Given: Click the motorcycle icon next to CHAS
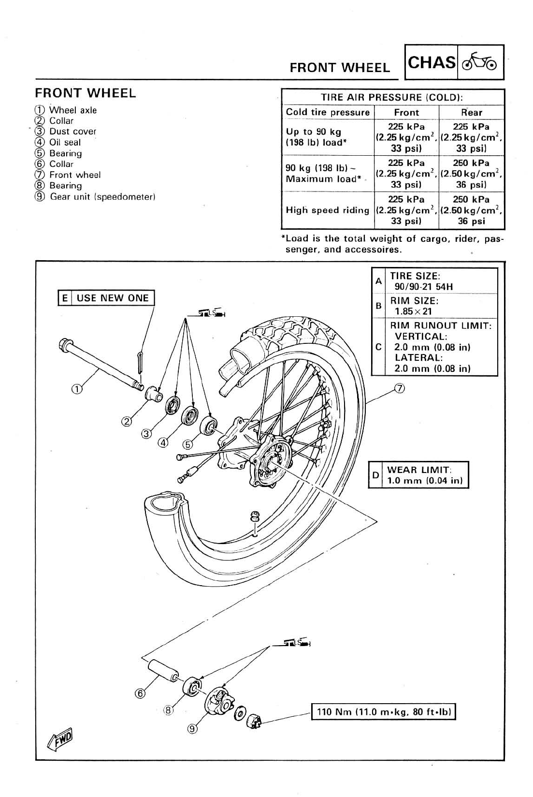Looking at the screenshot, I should (480, 63).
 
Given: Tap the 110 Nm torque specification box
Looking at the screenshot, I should (383, 712).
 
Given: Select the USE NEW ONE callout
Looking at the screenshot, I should (106, 298).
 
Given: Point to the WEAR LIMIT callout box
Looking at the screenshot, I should (418, 475).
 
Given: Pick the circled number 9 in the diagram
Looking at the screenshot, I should (192, 730).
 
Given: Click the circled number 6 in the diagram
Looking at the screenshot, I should (140, 694).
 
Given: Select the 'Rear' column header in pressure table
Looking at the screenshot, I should (471, 112).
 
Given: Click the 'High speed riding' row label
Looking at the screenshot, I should (327, 210).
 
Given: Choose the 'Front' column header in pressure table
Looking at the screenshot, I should (406, 112).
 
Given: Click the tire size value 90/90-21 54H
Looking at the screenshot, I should (423, 286).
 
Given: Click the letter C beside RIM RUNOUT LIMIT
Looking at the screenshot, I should (378, 347).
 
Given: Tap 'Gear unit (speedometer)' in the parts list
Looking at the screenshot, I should (102, 196).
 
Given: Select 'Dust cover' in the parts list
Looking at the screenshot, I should (72, 132).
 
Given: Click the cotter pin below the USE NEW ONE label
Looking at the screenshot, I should (140, 361).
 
